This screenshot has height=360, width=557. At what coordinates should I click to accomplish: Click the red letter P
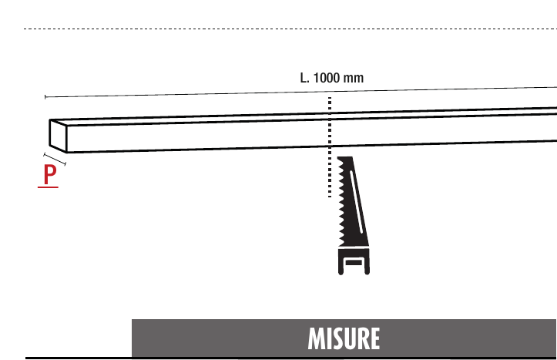point(50,174)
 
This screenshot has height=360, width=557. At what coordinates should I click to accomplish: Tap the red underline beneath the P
point(48,187)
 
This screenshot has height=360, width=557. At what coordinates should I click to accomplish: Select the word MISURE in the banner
point(344,338)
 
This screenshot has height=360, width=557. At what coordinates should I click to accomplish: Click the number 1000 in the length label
point(327,78)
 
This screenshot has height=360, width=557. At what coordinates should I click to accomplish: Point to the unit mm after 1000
point(353,78)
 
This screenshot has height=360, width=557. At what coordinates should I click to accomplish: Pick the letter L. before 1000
point(305,78)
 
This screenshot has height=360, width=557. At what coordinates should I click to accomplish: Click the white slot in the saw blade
point(357,202)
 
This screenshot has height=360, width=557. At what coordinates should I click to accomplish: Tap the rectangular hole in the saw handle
point(354,263)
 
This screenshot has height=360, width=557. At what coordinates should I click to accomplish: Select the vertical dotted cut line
point(330,146)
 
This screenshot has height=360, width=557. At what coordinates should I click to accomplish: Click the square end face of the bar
point(59,136)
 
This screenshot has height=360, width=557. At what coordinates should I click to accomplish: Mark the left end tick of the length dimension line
point(45,96)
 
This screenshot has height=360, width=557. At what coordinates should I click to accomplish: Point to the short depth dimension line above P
point(55,159)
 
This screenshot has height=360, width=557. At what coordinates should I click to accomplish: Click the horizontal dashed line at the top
point(290,29)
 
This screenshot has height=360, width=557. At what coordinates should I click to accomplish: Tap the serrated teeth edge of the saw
point(341,201)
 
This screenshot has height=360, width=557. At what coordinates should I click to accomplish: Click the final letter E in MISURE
point(374,338)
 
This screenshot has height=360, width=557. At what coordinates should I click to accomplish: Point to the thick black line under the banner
point(291,358)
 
